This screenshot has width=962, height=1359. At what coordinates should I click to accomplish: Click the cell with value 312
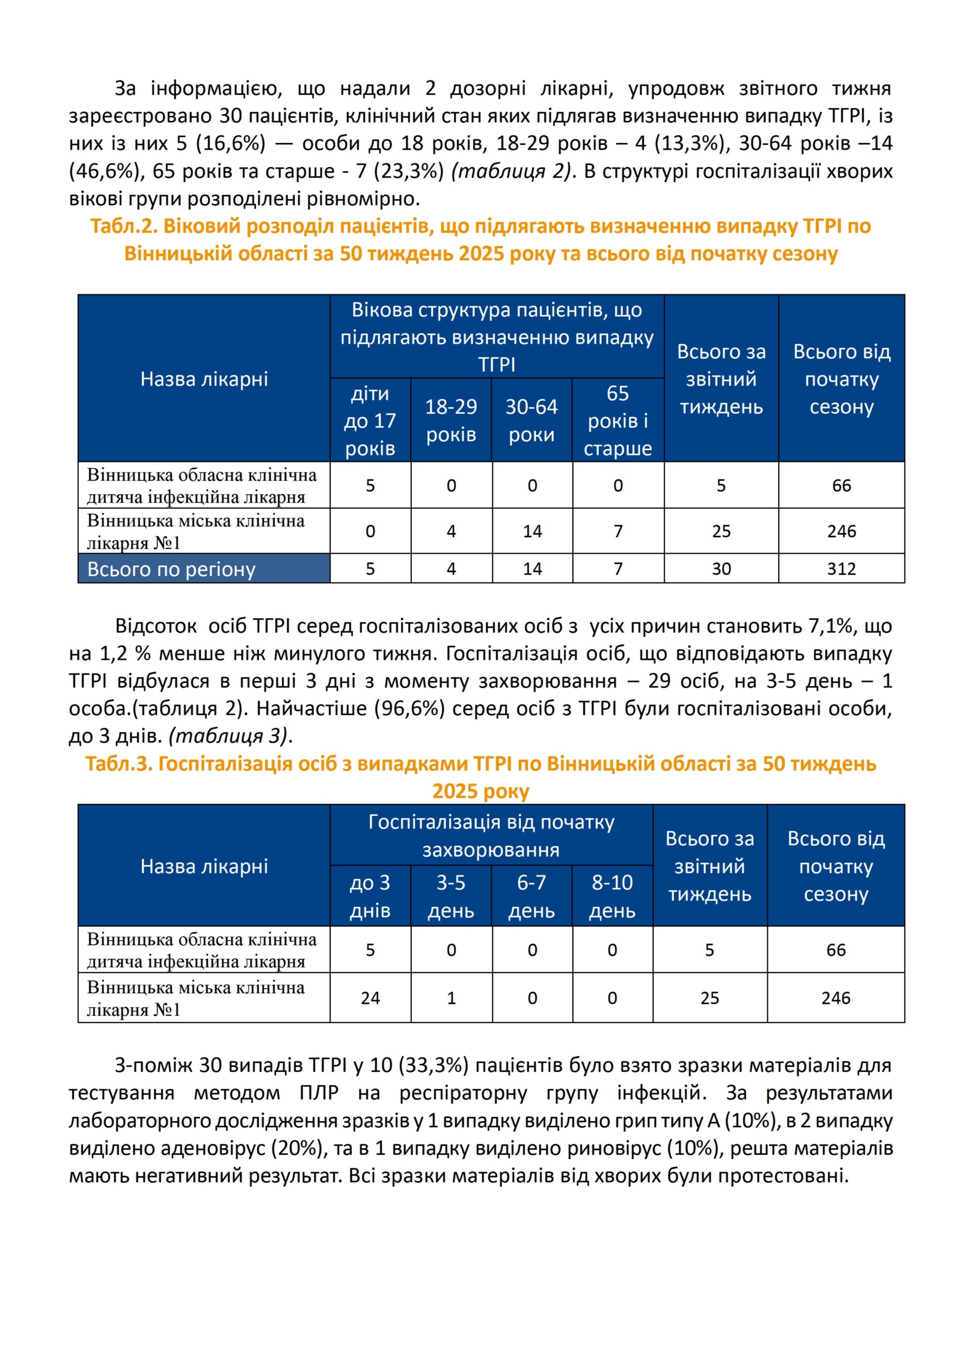(x=841, y=568)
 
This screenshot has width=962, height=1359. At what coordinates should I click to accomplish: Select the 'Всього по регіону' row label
(x=171, y=569)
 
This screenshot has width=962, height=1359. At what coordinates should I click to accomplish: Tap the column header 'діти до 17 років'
(x=370, y=421)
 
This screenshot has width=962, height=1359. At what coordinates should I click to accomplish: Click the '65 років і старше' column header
(x=617, y=421)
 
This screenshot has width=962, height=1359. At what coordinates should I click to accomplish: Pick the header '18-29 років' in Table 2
(x=451, y=421)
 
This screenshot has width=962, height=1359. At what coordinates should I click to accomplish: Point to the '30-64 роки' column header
(x=532, y=421)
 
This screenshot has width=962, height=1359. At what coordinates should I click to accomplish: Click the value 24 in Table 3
(x=370, y=998)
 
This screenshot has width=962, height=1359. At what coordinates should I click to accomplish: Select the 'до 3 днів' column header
(x=370, y=896)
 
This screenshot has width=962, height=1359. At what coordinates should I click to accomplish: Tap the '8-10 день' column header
(x=612, y=896)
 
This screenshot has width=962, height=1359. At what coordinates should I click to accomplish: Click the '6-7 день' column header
(x=532, y=896)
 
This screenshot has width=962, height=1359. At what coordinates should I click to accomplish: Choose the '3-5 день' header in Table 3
(x=451, y=896)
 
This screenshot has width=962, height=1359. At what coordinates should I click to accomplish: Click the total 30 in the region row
(x=721, y=568)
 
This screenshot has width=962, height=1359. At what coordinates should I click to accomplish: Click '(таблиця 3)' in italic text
(x=230, y=736)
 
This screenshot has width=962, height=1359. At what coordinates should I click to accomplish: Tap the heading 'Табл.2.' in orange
(x=123, y=226)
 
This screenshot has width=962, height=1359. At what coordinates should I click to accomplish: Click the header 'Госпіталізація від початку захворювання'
(x=491, y=836)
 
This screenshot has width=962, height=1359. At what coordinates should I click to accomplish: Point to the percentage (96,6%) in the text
(x=409, y=708)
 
